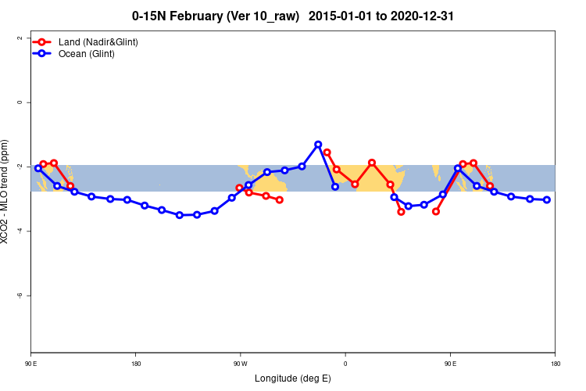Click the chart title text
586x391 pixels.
point(293,15)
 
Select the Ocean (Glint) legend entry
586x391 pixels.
point(86,54)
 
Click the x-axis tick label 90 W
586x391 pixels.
point(240,364)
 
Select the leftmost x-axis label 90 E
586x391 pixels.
point(31,364)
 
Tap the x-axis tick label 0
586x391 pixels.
point(345,364)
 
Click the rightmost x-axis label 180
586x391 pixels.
point(555,364)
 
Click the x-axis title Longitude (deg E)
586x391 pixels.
point(293,378)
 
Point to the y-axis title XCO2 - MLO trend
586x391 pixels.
point(7,195)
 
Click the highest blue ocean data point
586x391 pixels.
point(318,145)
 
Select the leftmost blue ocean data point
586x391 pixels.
point(38,168)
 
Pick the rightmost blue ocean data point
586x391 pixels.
point(547,199)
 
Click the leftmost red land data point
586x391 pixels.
point(43,164)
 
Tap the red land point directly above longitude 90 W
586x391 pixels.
point(240,188)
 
